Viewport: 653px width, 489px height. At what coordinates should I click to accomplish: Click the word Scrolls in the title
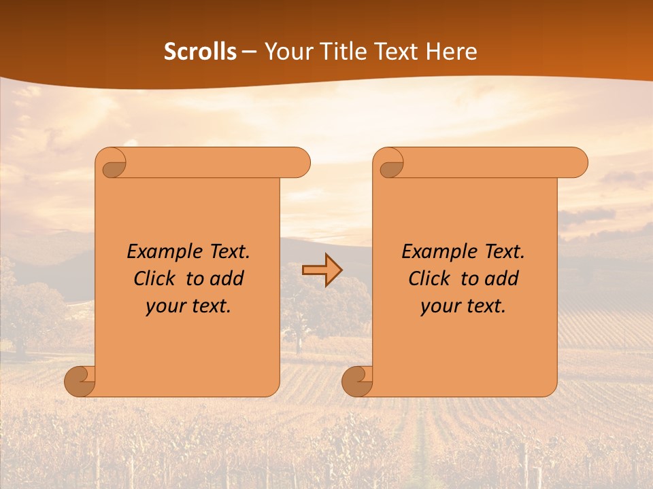(201, 52)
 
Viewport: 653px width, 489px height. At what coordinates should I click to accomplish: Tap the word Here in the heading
(451, 52)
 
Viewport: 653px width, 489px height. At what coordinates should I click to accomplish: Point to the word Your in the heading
(288, 52)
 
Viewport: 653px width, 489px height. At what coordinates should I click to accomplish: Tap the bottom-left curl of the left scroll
(80, 381)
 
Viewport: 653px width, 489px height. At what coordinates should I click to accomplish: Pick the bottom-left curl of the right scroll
(358, 381)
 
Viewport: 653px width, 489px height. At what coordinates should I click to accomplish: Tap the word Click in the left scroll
(157, 278)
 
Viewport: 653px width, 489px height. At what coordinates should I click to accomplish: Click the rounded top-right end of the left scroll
(299, 163)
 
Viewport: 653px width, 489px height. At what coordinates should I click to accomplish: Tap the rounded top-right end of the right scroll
(577, 163)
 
